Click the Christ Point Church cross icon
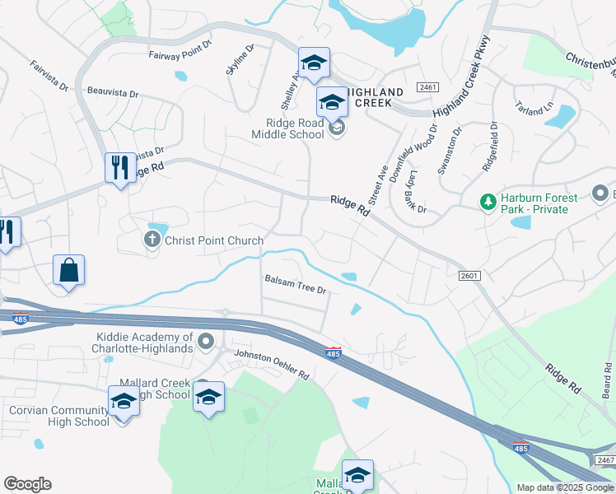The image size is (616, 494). point(152,240)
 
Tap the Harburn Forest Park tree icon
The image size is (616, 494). point(488,201)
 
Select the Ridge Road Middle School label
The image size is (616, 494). point(288,128)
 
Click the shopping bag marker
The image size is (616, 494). point(69,270)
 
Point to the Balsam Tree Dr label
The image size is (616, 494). point(296,291)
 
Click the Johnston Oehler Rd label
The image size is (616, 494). point(271,365)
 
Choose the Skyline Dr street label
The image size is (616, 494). point(240,60)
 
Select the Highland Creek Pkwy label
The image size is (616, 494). point(461,78)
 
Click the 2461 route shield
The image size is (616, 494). point(427,86)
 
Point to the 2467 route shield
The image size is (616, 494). point(605,459)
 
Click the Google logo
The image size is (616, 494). point(27,484)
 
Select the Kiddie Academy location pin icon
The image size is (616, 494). point(206,341)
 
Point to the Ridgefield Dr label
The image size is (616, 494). point(489,147)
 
